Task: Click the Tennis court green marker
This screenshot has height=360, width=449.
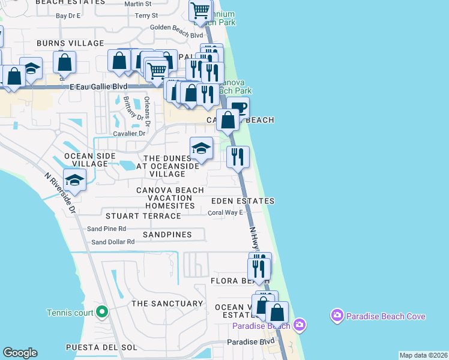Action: click(102, 311)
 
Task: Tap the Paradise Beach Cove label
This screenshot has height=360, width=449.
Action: click(385, 316)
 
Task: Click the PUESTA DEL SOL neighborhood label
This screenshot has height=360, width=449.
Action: click(101, 347)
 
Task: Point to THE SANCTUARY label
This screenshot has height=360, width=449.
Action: click(167, 304)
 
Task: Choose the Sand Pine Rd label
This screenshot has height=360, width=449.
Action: click(106, 229)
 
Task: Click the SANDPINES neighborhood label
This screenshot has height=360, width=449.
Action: click(167, 234)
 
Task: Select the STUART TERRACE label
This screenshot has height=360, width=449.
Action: click(143, 215)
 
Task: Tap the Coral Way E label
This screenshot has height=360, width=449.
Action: click(225, 212)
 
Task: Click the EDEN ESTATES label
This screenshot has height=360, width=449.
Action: click(243, 201)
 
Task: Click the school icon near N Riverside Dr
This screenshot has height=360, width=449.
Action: click(75, 179)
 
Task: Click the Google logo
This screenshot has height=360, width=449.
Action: click(20, 353)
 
